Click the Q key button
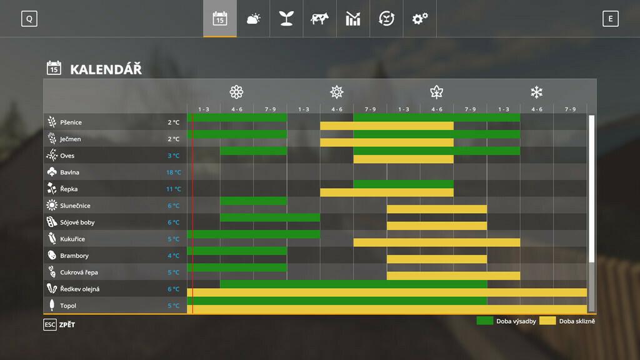coord(29,19)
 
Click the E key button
coord(610,19)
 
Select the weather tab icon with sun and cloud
coord(253,19)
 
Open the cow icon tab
coord(319,19)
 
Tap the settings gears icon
coord(420,19)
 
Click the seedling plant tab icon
coord(286,19)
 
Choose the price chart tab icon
coord(353,19)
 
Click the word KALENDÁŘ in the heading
coord(106,69)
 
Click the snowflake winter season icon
coord(536,92)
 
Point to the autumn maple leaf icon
coord(436,92)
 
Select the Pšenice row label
coord(71,122)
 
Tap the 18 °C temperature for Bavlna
coord(173,172)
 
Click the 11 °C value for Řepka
coord(173,189)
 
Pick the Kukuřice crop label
coord(72,239)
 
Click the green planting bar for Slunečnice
coord(253,201)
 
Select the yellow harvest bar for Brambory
coord(436,259)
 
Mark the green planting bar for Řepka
coord(403,184)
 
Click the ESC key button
coord(50,324)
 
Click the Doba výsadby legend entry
coord(506,321)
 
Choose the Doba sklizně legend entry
coord(567,321)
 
